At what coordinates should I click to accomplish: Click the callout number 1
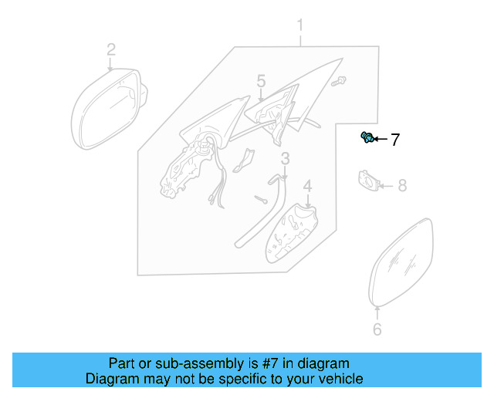pos(301,29)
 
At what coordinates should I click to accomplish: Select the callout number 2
pos(111,50)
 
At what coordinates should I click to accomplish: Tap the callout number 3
pos(285,159)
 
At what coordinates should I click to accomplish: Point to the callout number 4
pos(306,186)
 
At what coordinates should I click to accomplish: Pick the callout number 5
pos(261,81)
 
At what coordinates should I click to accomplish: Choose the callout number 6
pos(377,329)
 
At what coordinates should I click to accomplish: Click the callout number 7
pos(394,140)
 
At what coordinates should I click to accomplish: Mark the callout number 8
pos(401,186)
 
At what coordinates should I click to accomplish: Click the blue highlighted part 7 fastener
pos(367,138)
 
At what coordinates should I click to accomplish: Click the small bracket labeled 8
pos(368,181)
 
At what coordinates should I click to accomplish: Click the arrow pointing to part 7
pos(381,140)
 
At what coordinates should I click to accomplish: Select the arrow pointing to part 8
pos(387,186)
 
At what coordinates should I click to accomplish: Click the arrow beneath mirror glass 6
pos(377,312)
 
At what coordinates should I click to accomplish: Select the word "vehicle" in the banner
pos(341,379)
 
